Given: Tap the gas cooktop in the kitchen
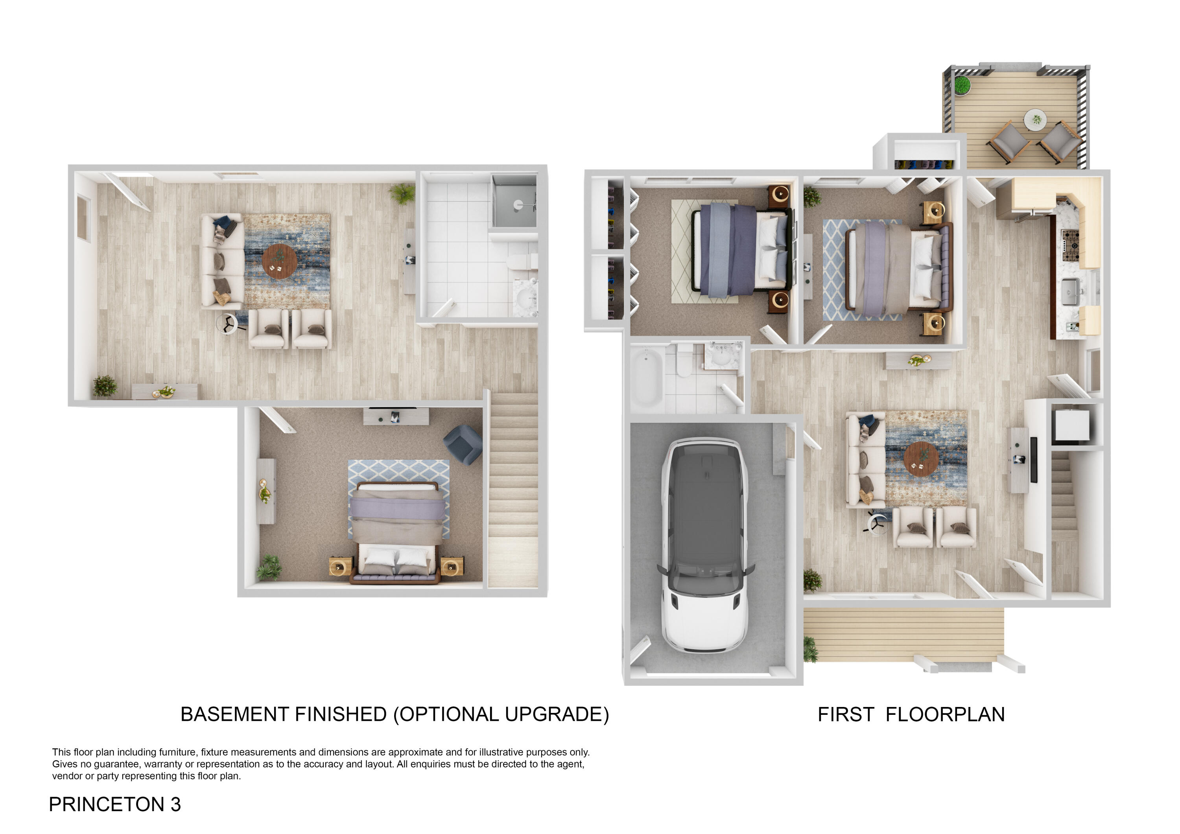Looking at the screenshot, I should click(x=1071, y=246).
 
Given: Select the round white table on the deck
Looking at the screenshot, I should click(x=1035, y=120).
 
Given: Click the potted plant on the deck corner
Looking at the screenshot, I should click(x=962, y=85).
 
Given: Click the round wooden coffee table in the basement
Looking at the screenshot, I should click(x=279, y=261).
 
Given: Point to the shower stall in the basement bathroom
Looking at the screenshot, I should click(x=514, y=201).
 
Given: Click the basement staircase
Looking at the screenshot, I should click(x=513, y=488).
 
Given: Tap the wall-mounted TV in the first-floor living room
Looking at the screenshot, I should click(x=1034, y=460).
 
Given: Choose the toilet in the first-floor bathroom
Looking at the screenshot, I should click(x=684, y=361).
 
